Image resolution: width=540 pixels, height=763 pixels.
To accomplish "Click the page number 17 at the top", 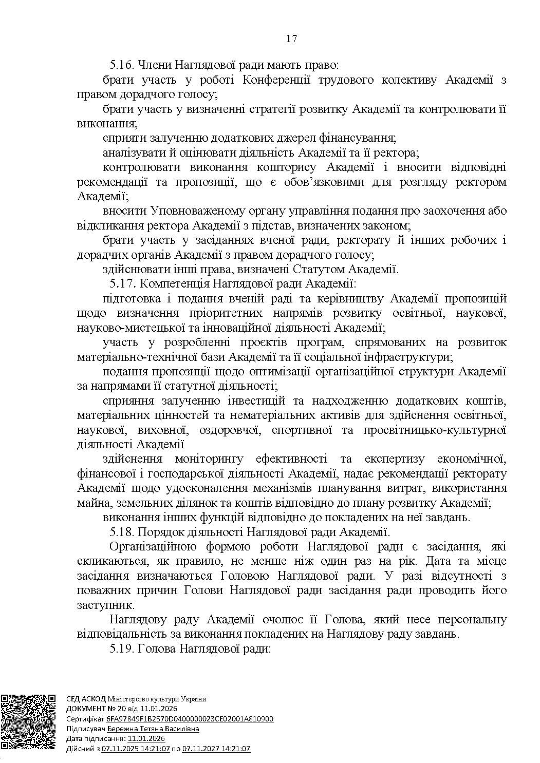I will [x=292, y=39].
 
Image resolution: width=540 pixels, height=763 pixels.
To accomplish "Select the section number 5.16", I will [x=120, y=65].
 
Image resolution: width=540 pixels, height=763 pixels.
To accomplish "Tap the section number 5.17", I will [x=120, y=283].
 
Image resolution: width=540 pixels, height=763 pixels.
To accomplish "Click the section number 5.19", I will [x=120, y=648].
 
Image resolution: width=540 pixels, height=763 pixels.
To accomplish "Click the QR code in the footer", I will [x=28, y=722].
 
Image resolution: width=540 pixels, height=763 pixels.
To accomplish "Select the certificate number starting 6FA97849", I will [x=190, y=719].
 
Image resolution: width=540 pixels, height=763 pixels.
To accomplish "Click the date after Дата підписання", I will [x=146, y=738].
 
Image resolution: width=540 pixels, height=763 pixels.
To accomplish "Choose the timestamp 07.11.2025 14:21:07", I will [x=136, y=749].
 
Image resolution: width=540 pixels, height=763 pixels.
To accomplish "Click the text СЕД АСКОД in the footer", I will [x=86, y=699].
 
